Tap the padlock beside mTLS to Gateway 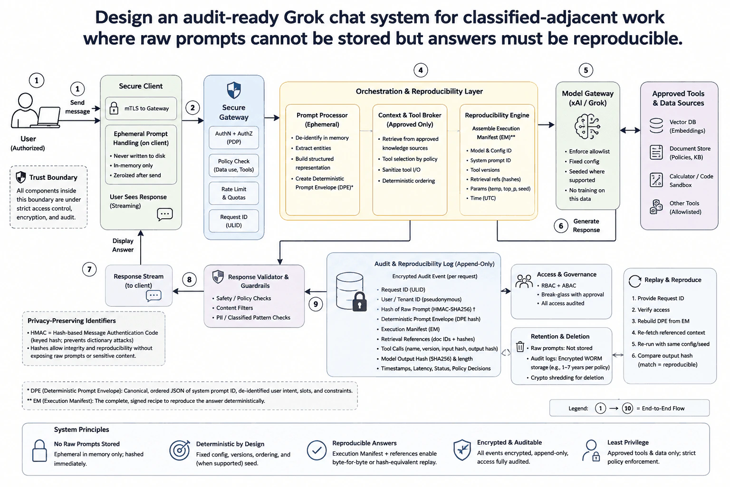click(x=114, y=108)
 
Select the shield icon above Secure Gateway click(x=234, y=90)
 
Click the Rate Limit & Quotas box click(x=234, y=193)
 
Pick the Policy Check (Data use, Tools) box click(x=234, y=166)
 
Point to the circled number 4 click(x=421, y=70)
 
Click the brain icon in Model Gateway click(x=587, y=127)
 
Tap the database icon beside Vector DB click(x=656, y=126)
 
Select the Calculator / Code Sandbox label click(x=691, y=180)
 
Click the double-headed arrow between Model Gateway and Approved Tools click(x=630, y=130)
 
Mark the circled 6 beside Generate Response click(x=561, y=226)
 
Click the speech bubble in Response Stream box click(x=154, y=296)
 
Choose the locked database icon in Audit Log click(x=351, y=292)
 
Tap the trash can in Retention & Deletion click(x=520, y=346)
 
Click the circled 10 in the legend click(x=627, y=408)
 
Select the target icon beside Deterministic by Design click(x=179, y=450)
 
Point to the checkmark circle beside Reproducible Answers click(x=317, y=450)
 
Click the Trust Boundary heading click(x=53, y=177)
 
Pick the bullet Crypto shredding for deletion click(x=567, y=378)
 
